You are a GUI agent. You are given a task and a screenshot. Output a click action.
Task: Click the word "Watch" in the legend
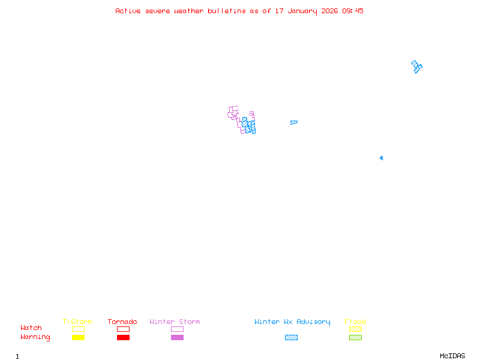pos(31,328)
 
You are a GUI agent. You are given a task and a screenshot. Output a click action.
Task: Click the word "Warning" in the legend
pos(35,337)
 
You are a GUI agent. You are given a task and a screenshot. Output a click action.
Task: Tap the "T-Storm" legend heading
pos(77,322)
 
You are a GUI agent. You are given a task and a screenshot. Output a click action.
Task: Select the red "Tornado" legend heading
pos(122,322)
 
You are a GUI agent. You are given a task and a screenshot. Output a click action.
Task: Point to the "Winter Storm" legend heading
pos(175,322)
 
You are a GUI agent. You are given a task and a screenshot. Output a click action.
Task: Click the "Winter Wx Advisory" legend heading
pos(292,322)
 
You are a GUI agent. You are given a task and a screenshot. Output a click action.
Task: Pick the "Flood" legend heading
pos(355,322)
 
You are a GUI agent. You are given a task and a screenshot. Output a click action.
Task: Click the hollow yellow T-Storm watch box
pos(78,329)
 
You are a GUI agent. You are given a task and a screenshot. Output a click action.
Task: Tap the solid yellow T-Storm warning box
pos(78,337)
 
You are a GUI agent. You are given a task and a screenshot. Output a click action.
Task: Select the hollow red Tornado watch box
pos(123,329)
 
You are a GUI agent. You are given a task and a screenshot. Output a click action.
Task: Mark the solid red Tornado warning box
pos(123,337)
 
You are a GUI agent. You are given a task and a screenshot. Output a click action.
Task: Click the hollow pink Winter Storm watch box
pos(177,329)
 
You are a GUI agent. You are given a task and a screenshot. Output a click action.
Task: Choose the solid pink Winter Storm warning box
pos(177,337)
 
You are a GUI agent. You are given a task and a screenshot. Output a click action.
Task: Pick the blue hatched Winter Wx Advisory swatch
pos(291,337)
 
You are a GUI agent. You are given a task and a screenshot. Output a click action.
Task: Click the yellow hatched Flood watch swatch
pos(355,329)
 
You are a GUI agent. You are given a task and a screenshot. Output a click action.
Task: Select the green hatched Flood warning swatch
pos(355,337)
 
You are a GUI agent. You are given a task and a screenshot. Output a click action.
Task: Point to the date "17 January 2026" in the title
pos(307,11)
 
